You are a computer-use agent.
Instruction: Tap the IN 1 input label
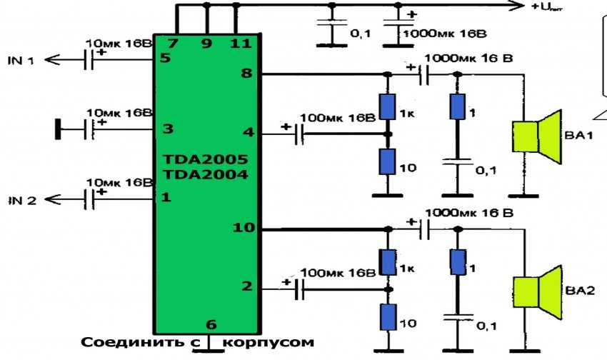pos(21,61)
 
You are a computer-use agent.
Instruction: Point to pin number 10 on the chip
pos(243,229)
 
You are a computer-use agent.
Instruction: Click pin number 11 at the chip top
pos(241,44)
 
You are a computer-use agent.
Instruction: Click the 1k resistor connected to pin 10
pos(388,261)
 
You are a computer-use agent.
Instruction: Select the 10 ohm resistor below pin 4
pos(388,161)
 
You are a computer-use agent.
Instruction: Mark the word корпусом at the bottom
pos(268,343)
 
